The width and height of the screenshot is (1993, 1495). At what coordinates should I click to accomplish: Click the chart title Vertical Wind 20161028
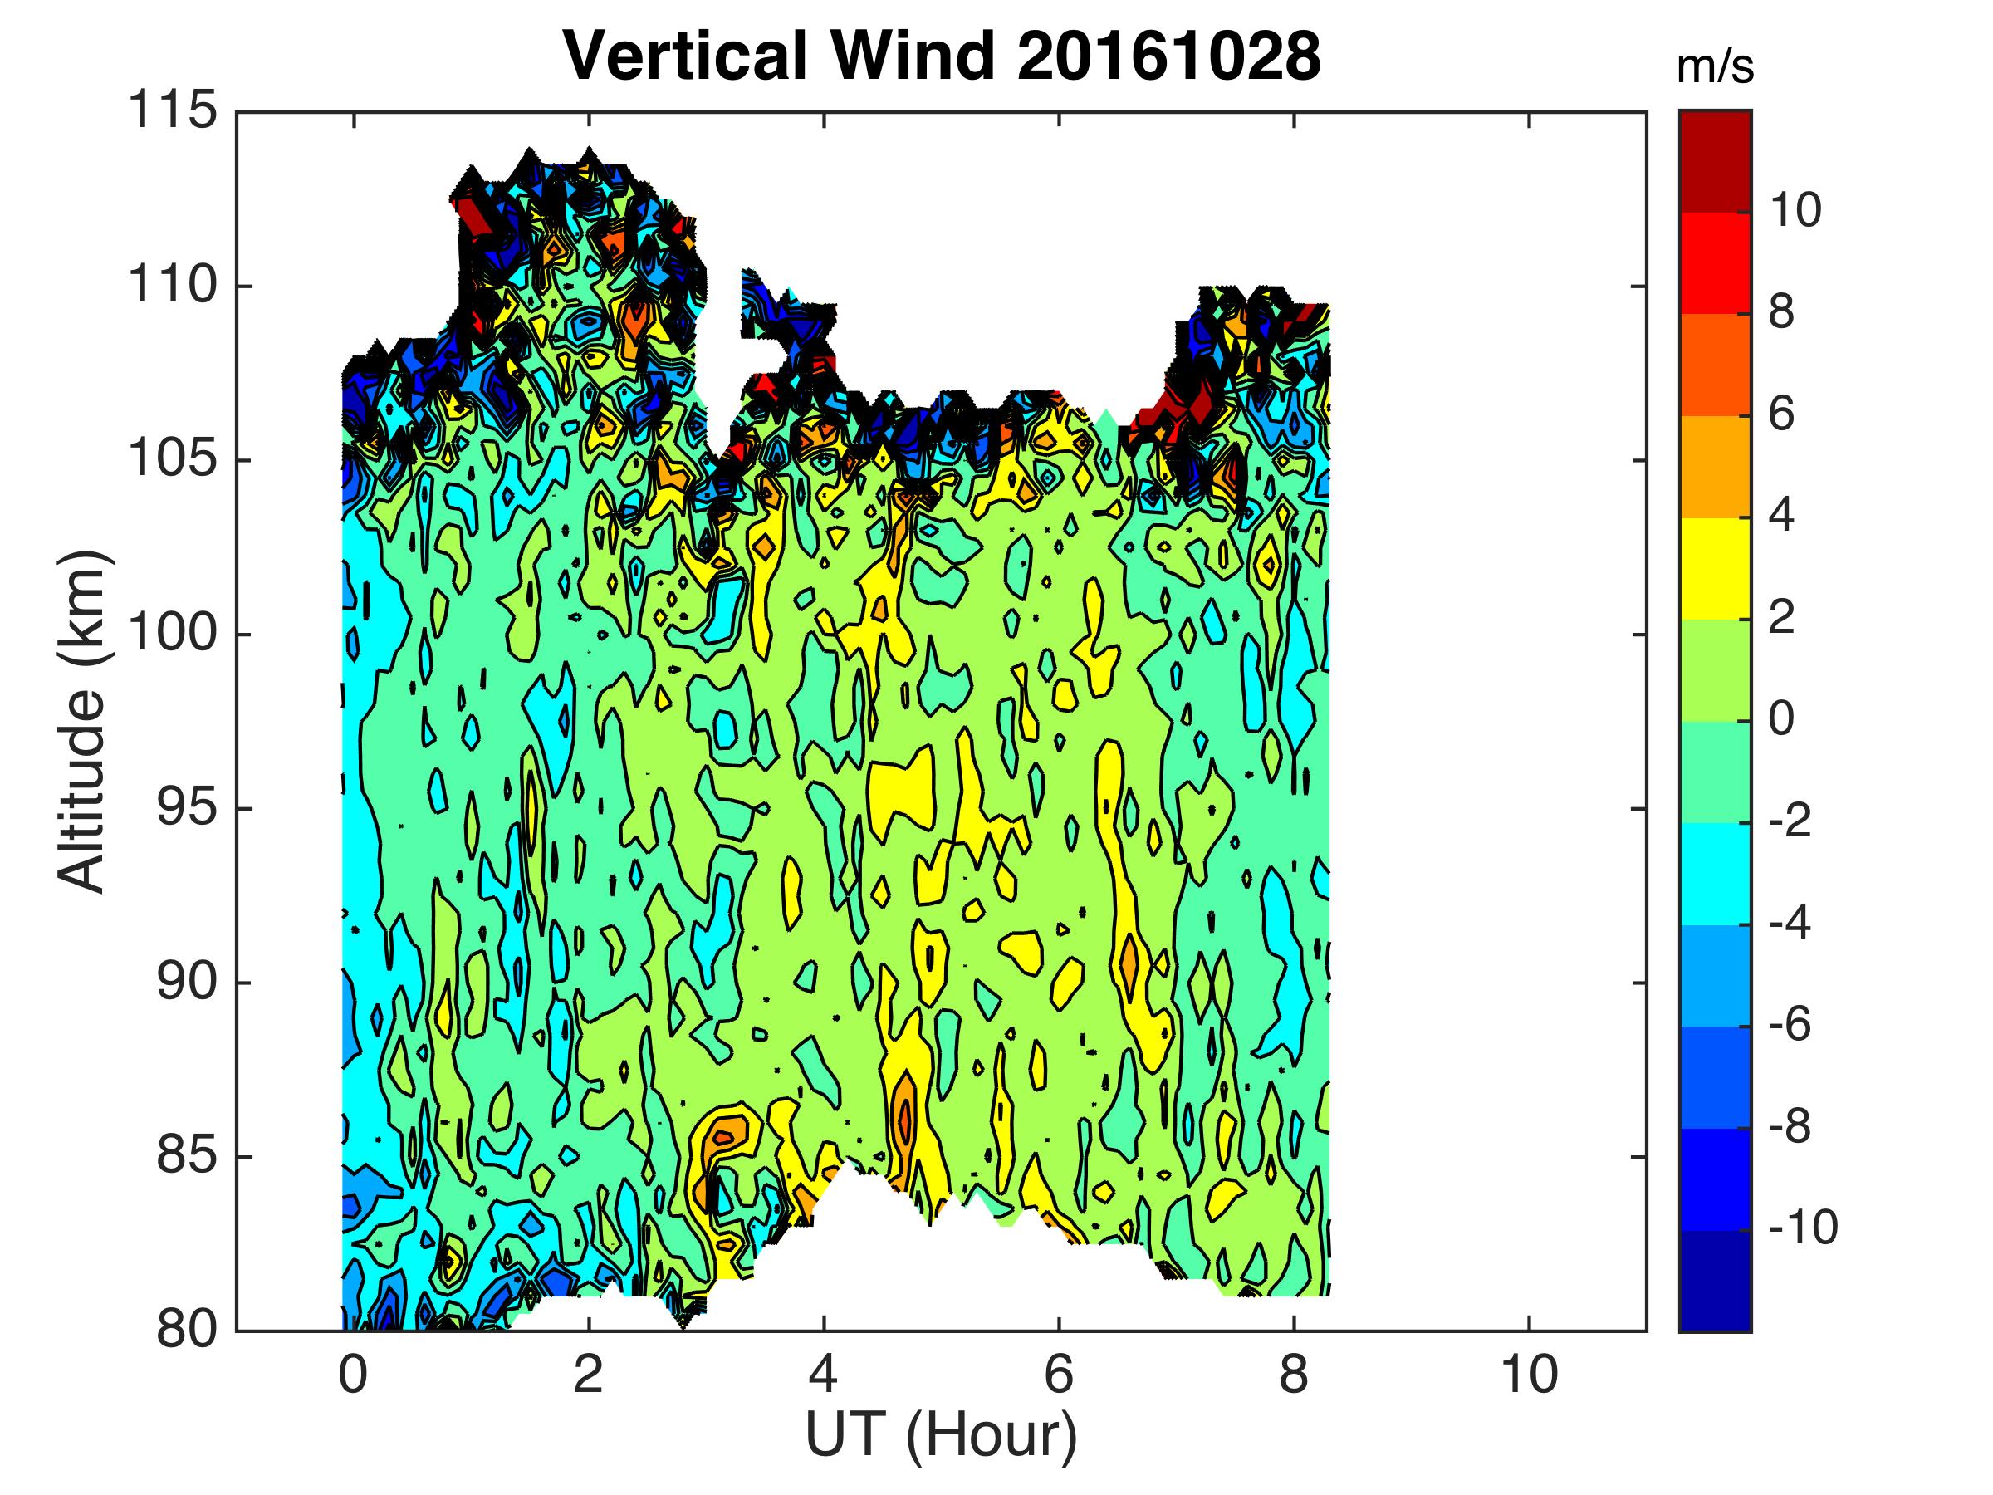942,56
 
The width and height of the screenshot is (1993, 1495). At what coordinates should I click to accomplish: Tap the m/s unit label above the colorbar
1716,68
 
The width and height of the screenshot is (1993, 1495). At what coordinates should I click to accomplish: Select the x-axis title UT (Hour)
941,1434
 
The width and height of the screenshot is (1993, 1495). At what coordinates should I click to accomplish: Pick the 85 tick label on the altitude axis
187,1156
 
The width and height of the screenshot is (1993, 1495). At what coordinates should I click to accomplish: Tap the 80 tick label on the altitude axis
187,1330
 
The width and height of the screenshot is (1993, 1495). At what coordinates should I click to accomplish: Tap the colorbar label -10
1802,1228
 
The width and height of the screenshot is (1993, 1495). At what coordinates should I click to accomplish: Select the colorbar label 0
1781,719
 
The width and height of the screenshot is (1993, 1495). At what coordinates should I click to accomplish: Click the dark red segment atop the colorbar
1715,161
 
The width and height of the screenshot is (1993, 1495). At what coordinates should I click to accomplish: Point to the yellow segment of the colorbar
1715,569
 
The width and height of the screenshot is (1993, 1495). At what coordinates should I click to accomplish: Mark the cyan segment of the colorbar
1715,873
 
